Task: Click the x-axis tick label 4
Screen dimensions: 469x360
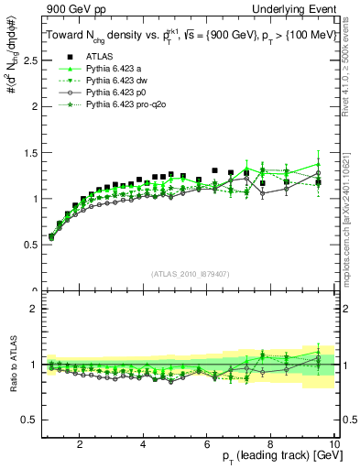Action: coord(144,444)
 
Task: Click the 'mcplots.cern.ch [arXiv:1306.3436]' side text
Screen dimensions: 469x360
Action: coord(352,220)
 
